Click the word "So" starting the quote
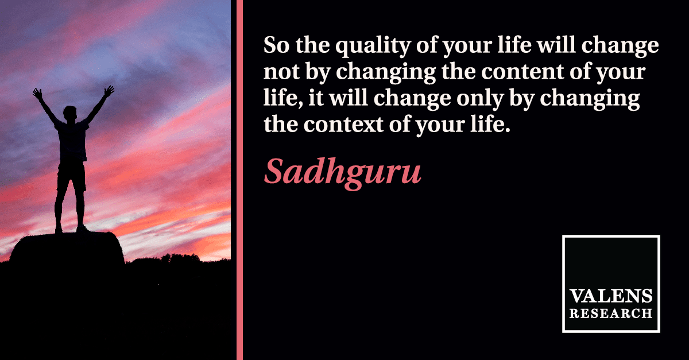pos(276,45)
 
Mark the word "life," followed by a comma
pos(283,99)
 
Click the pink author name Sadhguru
pos(342,173)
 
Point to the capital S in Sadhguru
pos(274,171)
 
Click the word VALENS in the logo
pos(611,296)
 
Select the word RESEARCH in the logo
pos(611,313)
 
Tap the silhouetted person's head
pos(70,113)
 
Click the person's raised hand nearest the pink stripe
pos(109,91)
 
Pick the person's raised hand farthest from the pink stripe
pos(37,94)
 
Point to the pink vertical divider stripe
pos(239,180)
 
